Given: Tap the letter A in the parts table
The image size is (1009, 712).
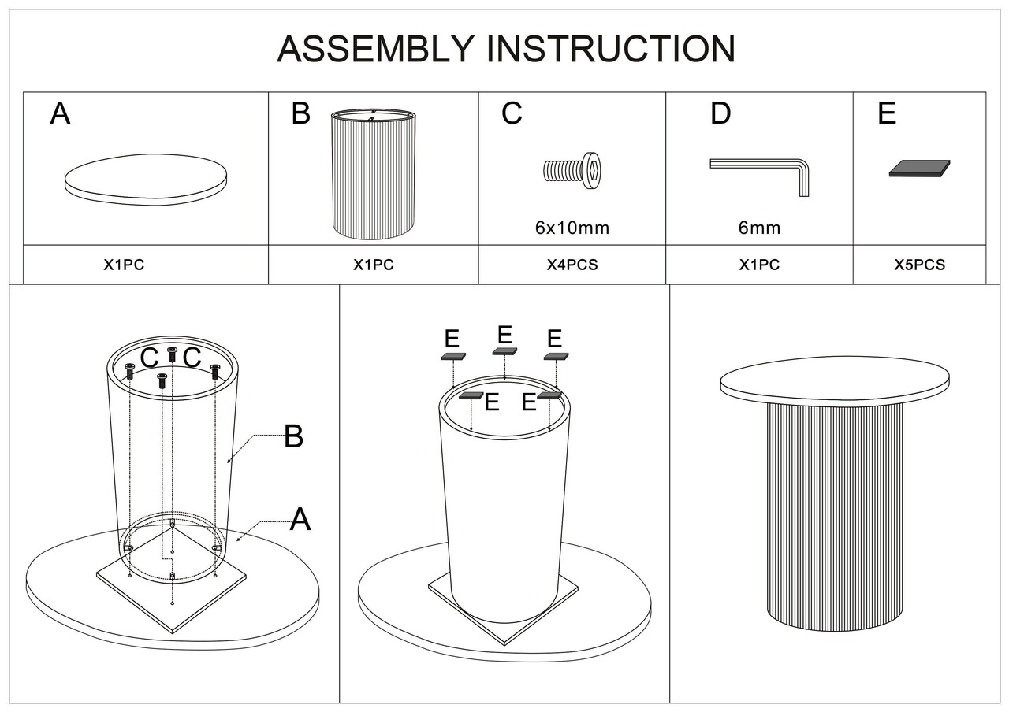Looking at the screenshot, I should tap(60, 115).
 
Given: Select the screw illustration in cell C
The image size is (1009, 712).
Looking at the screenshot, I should tap(572, 171).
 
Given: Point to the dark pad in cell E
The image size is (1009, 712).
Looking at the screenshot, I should tap(919, 168).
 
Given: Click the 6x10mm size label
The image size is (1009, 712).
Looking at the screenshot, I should tap(572, 228).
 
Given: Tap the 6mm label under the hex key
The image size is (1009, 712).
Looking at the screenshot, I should tap(759, 228).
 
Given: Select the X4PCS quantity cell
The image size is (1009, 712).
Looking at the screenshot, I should tap(572, 265).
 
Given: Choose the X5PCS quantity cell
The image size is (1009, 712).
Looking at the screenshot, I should tap(919, 265).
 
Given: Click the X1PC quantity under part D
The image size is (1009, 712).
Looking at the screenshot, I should tap(759, 265).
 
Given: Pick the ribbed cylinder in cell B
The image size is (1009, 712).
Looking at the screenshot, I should tap(373, 175).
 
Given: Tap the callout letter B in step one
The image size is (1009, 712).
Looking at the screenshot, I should tap(293, 436).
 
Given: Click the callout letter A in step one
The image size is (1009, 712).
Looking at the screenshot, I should tap(300, 520).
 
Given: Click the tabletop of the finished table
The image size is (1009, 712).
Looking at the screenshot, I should tap(834, 380).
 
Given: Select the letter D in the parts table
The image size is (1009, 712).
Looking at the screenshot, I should tap(720, 114).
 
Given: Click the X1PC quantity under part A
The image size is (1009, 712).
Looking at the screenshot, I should tap(124, 265).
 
